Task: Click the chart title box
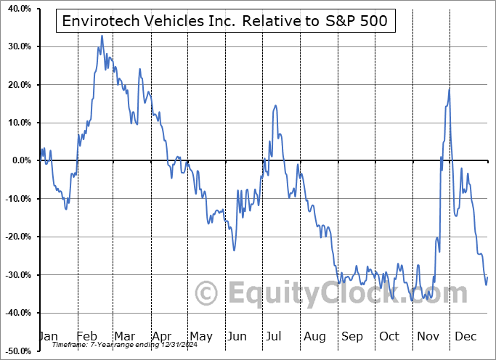click(226, 22)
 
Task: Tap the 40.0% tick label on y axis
click(17, 9)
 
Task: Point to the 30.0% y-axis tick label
click(17, 46)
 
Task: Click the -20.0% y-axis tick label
click(15, 237)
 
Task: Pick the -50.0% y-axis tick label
click(15, 351)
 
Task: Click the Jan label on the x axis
click(48, 336)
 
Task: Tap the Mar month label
click(124, 336)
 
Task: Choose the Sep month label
click(351, 336)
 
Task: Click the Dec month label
click(465, 336)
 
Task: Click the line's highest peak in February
click(102, 36)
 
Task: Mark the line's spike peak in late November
click(450, 89)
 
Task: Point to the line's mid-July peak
click(276, 106)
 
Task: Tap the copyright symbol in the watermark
click(207, 293)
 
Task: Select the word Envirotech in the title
click(99, 22)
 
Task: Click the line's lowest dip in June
click(234, 250)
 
